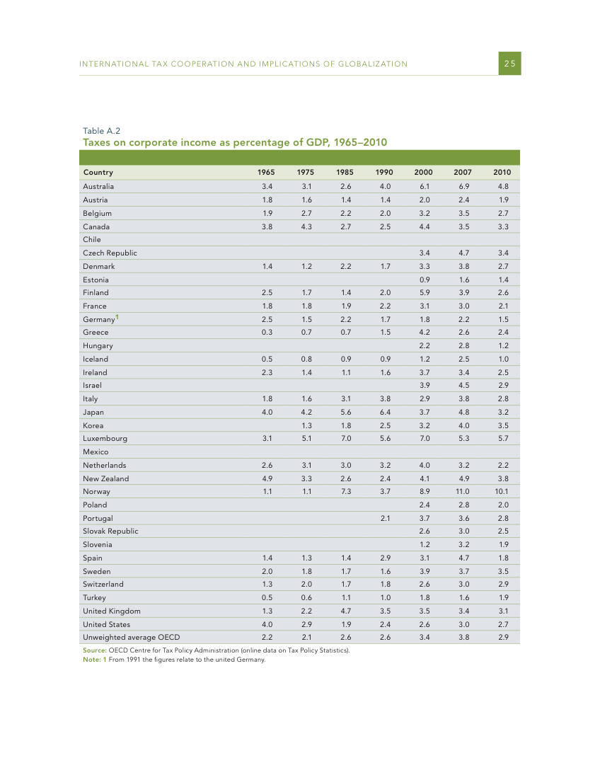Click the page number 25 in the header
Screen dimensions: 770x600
point(509,64)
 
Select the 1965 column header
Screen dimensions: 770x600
point(266,172)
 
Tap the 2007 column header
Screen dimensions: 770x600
point(463,172)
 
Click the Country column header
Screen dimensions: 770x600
point(98,172)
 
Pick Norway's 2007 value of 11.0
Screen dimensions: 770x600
point(463,491)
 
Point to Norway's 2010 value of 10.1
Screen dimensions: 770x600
point(502,491)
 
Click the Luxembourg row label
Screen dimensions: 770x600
point(105,438)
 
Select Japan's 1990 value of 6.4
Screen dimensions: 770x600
point(385,412)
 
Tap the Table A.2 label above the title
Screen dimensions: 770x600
point(101,131)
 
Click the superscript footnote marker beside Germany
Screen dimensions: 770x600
point(117,316)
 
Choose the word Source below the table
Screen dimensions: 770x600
point(95,650)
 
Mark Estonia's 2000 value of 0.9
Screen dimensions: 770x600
point(425,279)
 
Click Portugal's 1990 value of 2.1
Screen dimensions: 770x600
point(385,518)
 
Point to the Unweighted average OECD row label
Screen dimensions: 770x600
point(131,637)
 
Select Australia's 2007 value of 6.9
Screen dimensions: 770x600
point(464,186)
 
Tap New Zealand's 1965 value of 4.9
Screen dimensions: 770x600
point(267,478)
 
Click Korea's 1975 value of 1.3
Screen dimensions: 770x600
point(306,425)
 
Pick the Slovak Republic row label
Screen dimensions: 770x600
point(110,531)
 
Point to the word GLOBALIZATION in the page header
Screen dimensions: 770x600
point(372,64)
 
